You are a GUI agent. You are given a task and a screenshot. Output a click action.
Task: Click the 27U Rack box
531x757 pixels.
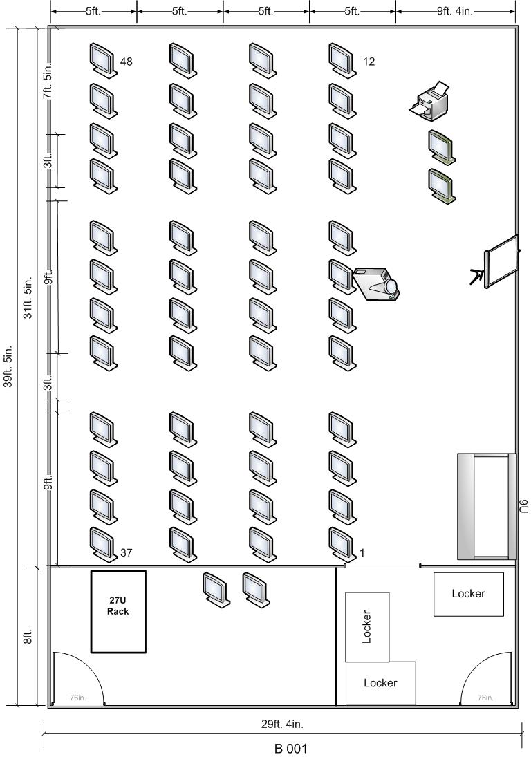(118, 612)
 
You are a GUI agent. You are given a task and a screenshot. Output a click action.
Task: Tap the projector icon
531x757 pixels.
(377, 284)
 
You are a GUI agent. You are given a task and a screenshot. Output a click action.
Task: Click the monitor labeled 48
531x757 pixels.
(103, 60)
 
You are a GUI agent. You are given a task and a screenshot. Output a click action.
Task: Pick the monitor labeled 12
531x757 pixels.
(342, 60)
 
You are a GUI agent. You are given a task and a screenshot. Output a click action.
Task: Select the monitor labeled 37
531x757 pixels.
(103, 545)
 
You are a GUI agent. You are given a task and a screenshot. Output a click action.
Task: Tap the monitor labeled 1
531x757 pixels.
(342, 545)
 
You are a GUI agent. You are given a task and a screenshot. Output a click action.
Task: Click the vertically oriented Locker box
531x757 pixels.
(367, 626)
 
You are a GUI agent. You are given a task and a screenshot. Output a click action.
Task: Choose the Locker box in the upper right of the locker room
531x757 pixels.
(468, 594)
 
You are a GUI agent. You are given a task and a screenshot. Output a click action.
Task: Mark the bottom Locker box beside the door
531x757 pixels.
(381, 683)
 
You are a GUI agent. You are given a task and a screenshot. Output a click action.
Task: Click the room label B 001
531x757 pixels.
(290, 749)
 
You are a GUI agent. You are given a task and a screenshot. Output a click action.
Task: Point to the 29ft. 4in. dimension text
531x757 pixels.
(282, 724)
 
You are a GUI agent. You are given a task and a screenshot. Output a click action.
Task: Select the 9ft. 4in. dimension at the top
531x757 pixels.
(455, 11)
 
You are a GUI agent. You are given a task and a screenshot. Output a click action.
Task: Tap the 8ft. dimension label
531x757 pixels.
(28, 636)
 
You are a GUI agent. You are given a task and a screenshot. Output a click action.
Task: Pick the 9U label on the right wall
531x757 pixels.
(524, 507)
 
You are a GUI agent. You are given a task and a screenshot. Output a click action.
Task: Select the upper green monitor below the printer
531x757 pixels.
(442, 147)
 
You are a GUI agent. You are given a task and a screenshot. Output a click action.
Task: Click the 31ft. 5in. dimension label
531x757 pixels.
(28, 297)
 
